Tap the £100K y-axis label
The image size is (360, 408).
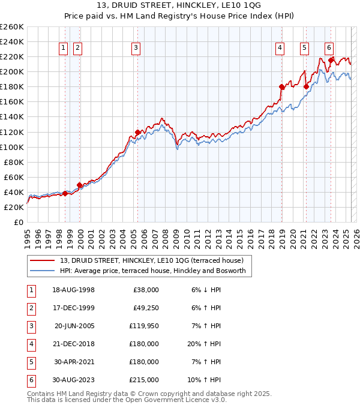point(12,147)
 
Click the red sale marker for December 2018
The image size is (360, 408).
point(281,87)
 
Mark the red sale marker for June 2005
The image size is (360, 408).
point(137,132)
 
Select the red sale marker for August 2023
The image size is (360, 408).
point(331,60)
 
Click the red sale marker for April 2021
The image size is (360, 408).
point(306,86)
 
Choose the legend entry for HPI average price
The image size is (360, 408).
point(153,271)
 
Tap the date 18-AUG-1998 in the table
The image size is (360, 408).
point(74,290)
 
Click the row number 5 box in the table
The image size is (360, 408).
point(29,362)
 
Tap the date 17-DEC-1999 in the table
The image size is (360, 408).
point(74,308)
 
